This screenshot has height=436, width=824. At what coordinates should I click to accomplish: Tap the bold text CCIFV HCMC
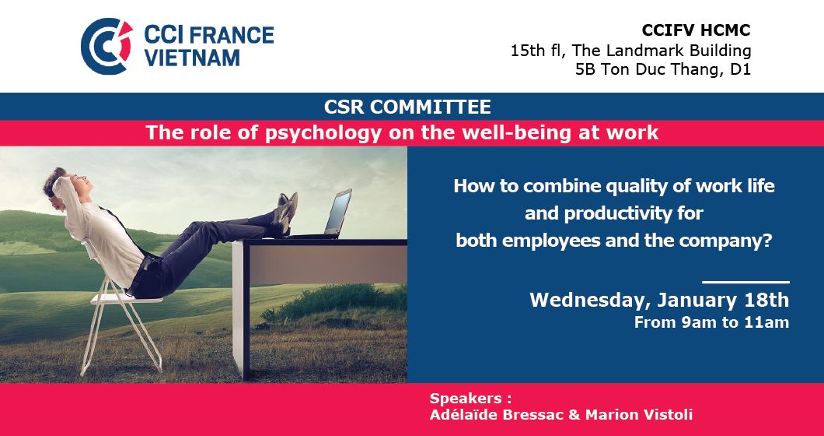pyautogui.click(x=696, y=30)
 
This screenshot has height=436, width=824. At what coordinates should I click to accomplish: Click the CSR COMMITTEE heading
pyautogui.click(x=407, y=107)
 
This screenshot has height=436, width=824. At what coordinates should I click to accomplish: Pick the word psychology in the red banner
pyautogui.click(x=323, y=133)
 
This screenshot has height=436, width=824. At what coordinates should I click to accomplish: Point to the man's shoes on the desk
pyautogui.click(x=285, y=213)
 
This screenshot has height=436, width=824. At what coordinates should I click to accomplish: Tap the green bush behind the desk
pyautogui.click(x=337, y=302)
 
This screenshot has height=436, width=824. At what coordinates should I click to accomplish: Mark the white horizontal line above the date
pyautogui.click(x=745, y=283)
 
